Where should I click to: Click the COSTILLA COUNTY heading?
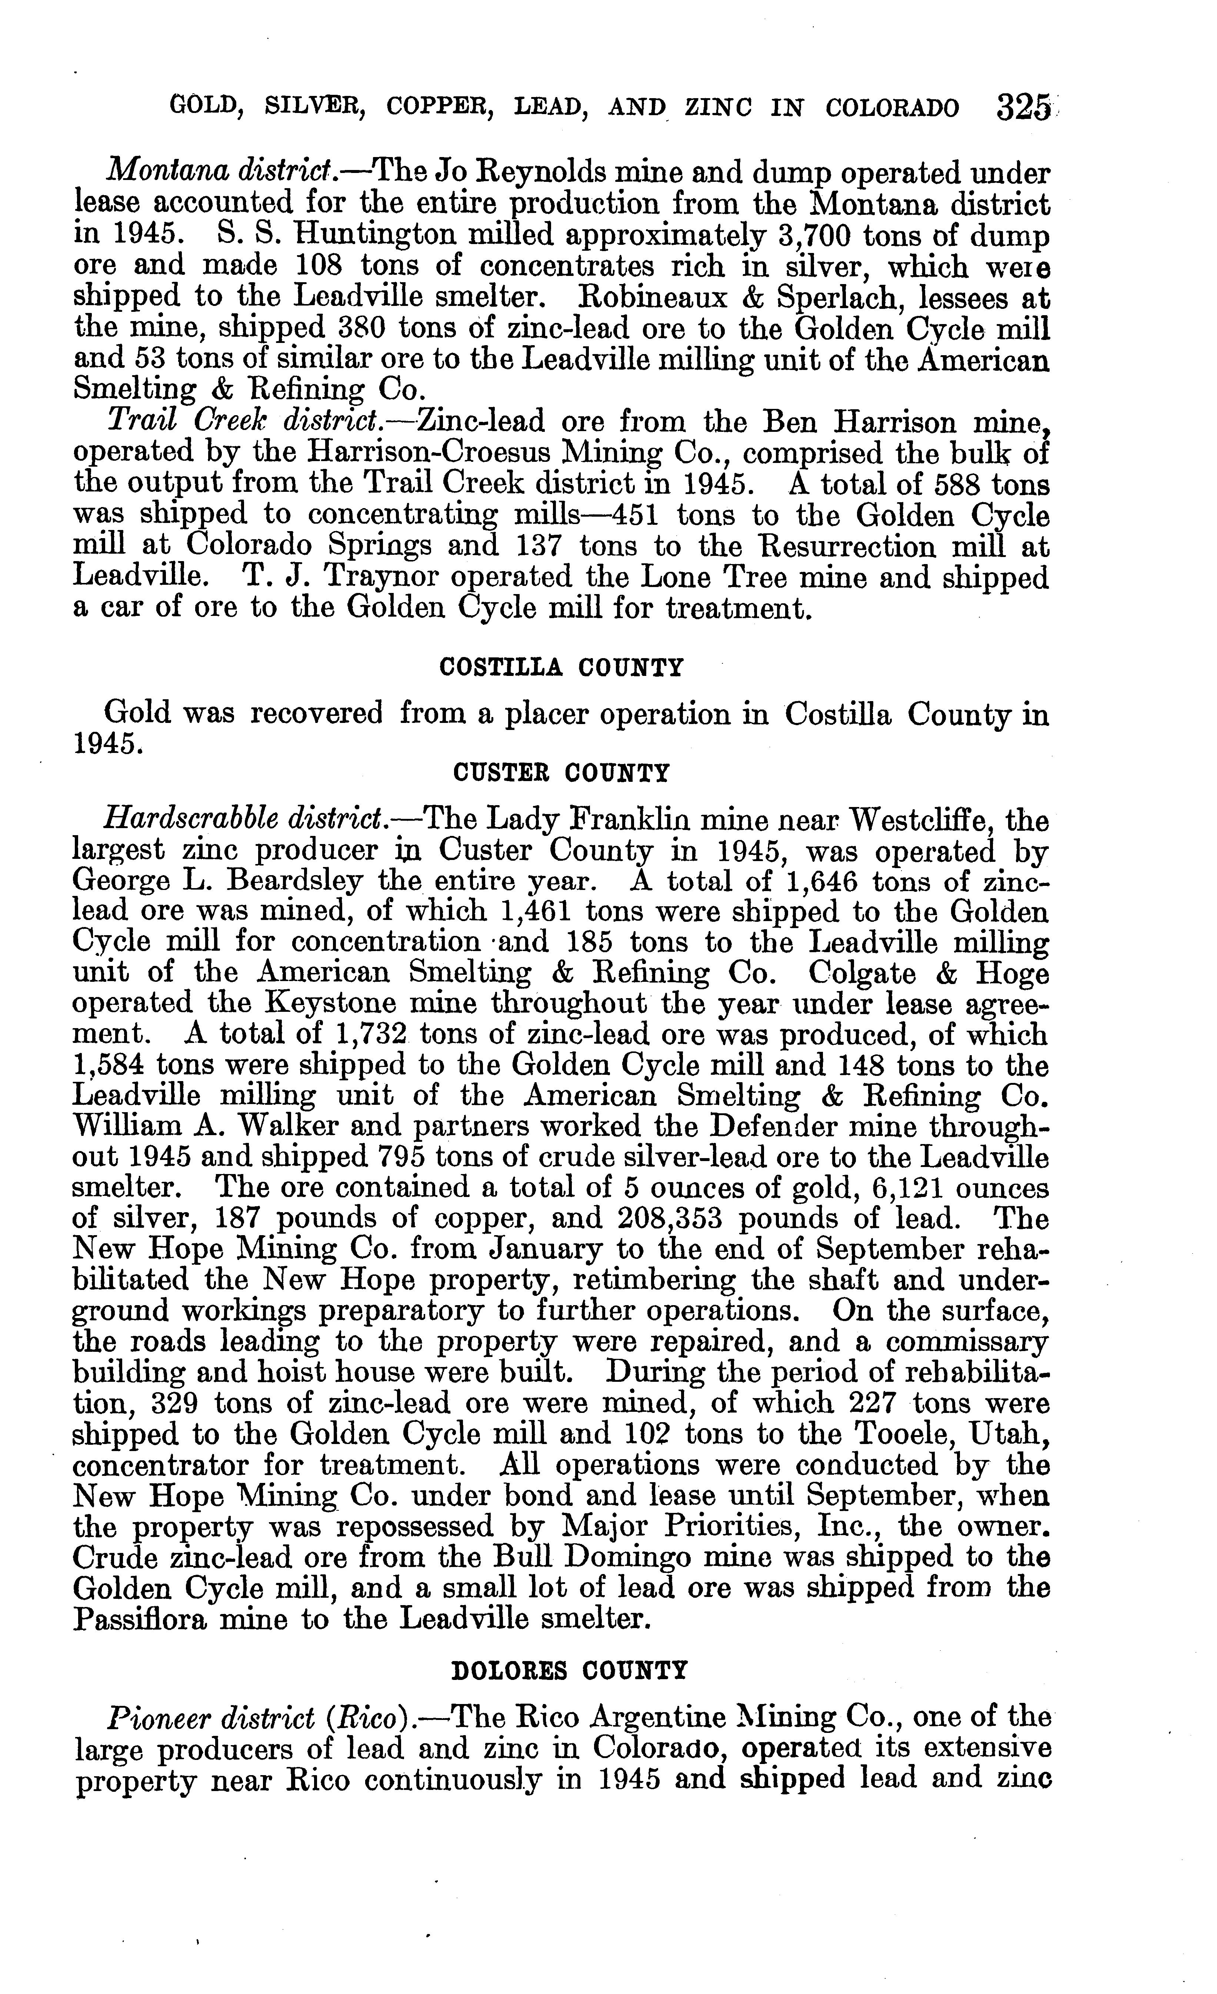561,668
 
